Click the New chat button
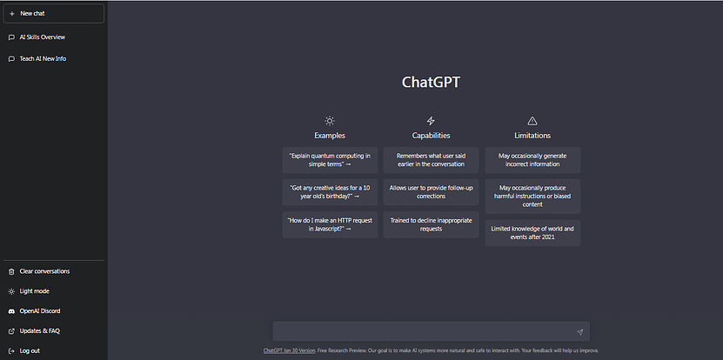53,14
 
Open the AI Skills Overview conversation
42,37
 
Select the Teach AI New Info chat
43,59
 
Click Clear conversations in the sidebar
44,271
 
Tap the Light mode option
34,291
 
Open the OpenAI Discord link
40,310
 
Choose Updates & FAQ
39,330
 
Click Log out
30,350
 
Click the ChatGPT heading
431,83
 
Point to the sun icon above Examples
330,121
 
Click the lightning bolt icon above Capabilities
431,121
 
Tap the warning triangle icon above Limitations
532,121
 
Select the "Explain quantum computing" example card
330,160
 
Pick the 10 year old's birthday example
330,192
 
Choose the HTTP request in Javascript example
330,225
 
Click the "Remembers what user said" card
431,160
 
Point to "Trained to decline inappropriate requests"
431,225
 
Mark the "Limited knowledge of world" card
532,233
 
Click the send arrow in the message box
579,332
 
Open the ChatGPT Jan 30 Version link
289,351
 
